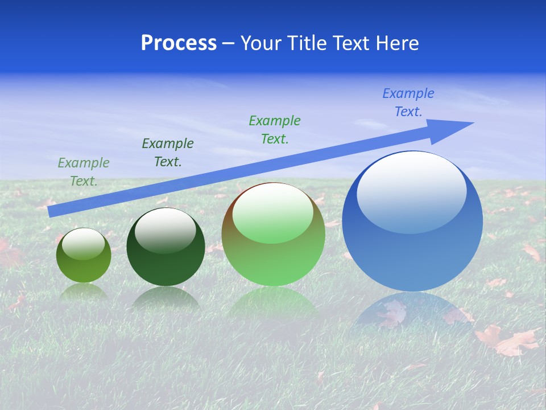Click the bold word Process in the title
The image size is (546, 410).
179,43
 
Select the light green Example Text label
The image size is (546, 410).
83,172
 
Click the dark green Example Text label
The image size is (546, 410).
168,153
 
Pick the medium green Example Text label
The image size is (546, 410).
275,129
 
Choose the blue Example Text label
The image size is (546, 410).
408,102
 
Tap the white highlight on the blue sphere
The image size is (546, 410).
411,191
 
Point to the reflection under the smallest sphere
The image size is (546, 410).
84,292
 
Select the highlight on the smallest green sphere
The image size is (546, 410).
84,243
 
